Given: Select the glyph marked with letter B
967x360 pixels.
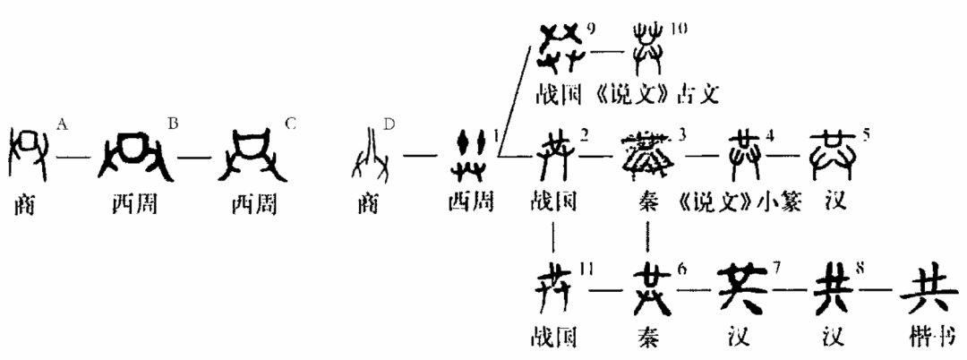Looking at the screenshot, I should tap(133, 153).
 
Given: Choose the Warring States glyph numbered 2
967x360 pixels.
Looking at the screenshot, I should tap(554, 153).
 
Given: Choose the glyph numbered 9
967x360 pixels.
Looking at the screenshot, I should tap(561, 44).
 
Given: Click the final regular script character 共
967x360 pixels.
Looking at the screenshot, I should tap(922, 288).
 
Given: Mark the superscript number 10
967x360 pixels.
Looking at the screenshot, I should tap(678, 30).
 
